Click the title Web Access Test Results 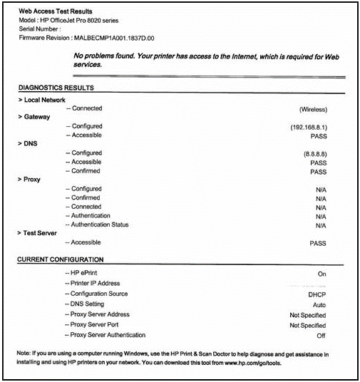(x=60, y=12)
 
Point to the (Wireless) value (x=312, y=110)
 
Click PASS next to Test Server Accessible (x=317, y=243)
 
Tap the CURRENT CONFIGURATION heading (x=61, y=259)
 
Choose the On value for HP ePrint (x=322, y=274)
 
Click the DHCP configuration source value (x=317, y=294)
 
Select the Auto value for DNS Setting (x=319, y=304)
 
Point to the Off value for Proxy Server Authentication (x=321, y=335)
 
